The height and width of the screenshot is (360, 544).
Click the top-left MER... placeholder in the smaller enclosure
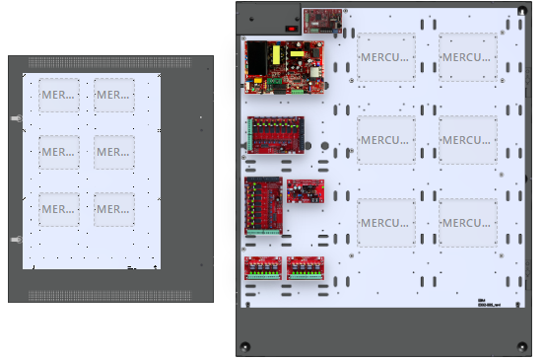coord(59,96)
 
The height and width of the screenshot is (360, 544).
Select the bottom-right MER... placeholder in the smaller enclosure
coord(114,208)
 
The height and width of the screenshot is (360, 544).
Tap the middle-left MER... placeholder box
coord(59,152)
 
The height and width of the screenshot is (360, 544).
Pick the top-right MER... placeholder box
coord(114,96)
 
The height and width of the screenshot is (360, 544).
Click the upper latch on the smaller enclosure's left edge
coord(15,119)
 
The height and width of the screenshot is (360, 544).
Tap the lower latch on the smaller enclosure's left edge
coord(15,240)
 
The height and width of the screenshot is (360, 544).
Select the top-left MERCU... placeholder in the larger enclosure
coord(385,57)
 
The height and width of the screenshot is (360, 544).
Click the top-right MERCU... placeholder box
coord(468,57)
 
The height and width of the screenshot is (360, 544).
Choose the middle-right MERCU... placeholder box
coord(468,140)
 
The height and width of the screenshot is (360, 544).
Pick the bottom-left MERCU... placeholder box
coord(385,223)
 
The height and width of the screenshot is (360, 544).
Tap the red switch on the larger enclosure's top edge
coord(291,28)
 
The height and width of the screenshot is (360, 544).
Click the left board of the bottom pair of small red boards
coord(263,268)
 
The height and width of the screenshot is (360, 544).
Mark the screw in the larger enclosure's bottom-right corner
coord(519,346)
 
